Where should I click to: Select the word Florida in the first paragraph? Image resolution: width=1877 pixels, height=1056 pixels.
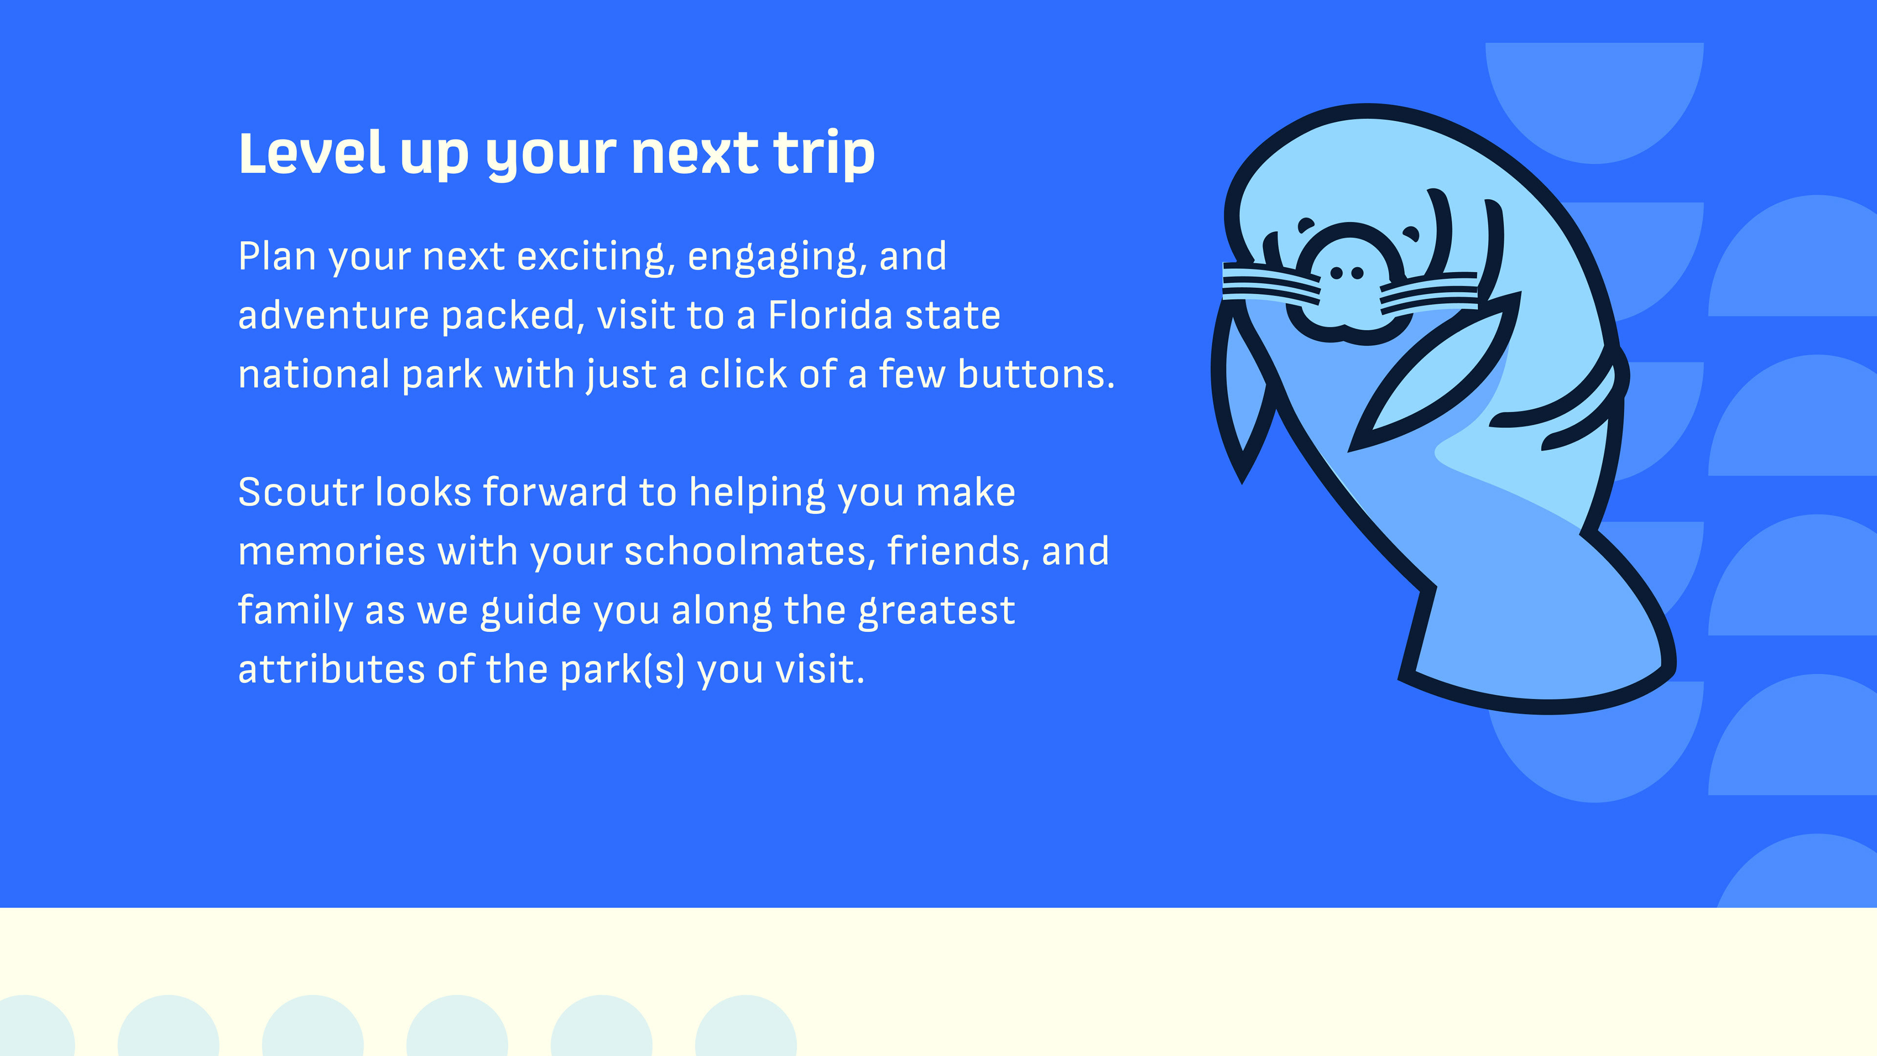pos(830,315)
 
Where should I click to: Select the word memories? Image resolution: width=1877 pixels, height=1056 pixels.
pos(331,551)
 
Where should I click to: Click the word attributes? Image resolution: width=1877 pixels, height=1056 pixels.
pos(331,669)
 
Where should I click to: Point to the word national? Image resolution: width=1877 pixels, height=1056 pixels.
pos(314,374)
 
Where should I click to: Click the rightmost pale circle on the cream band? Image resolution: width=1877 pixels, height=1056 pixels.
pos(745,1025)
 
